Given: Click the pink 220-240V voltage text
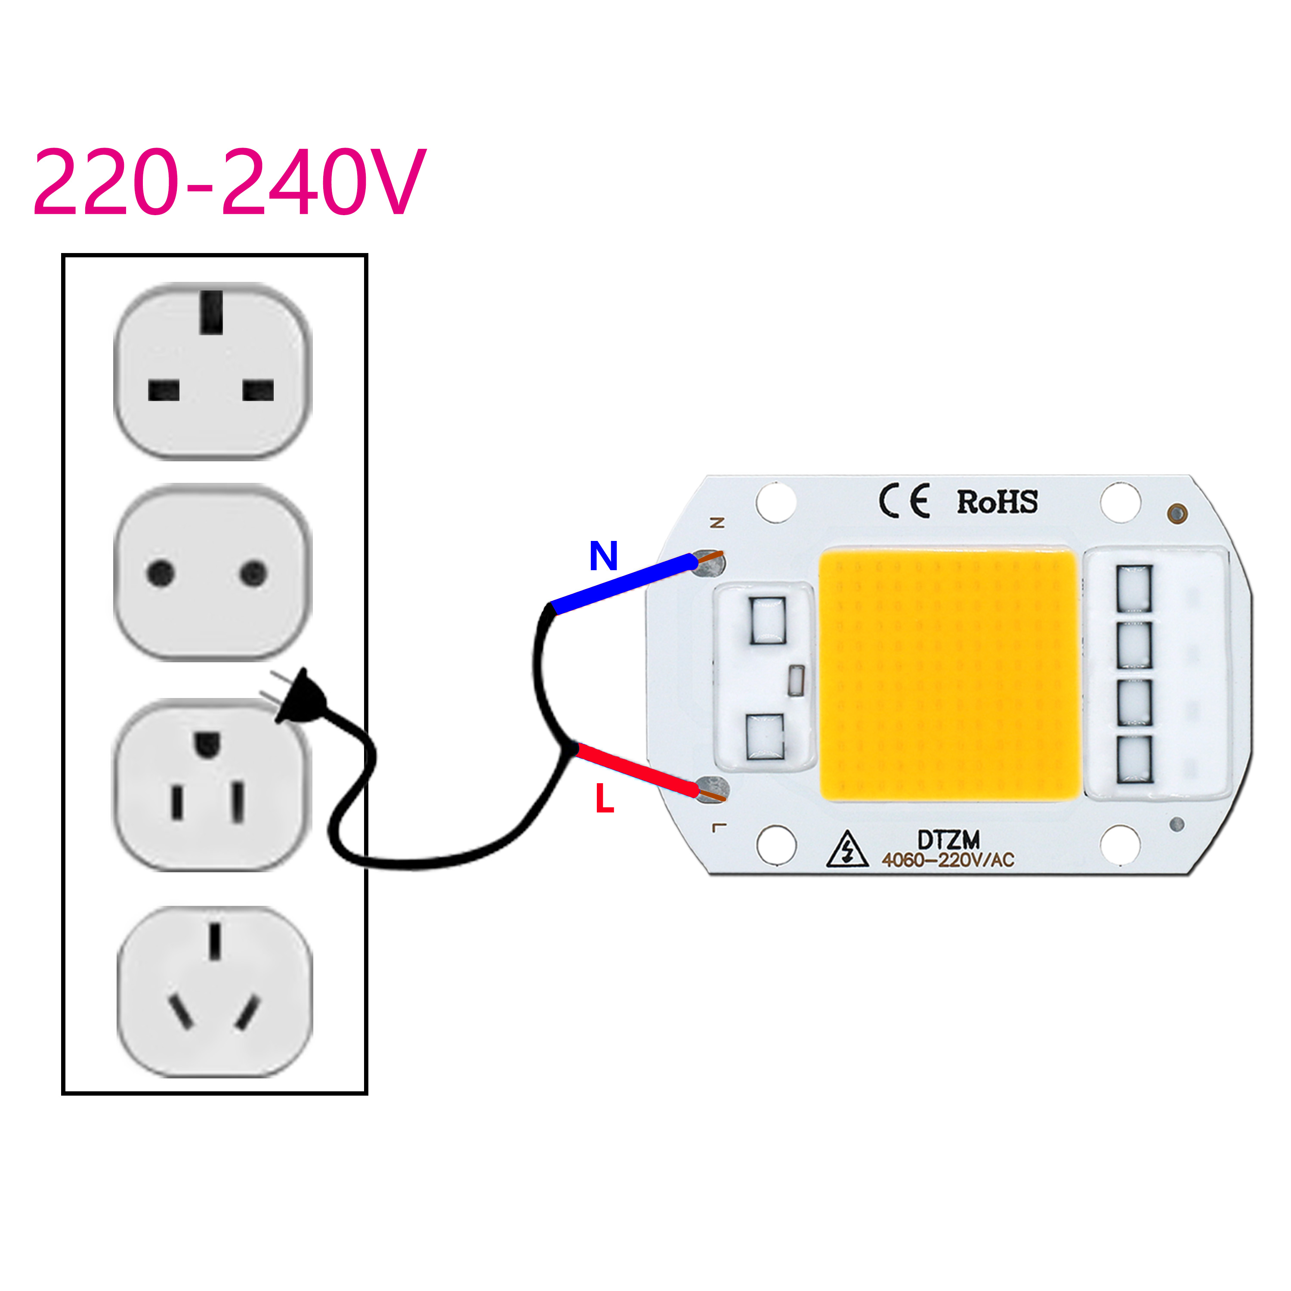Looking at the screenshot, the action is coord(229,181).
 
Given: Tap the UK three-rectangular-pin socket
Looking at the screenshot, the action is coord(213,371).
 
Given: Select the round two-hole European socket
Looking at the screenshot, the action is coord(213,573).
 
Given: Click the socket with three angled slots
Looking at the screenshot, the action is coord(214,991).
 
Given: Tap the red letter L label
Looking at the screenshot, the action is coord(605,799).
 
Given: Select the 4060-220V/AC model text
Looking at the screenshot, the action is coord(948,860).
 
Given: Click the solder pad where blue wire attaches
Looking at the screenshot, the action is coord(710,563).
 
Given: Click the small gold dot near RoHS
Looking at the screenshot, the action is coord(1177,513).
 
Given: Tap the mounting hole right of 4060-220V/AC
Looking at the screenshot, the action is coord(1120,845).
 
